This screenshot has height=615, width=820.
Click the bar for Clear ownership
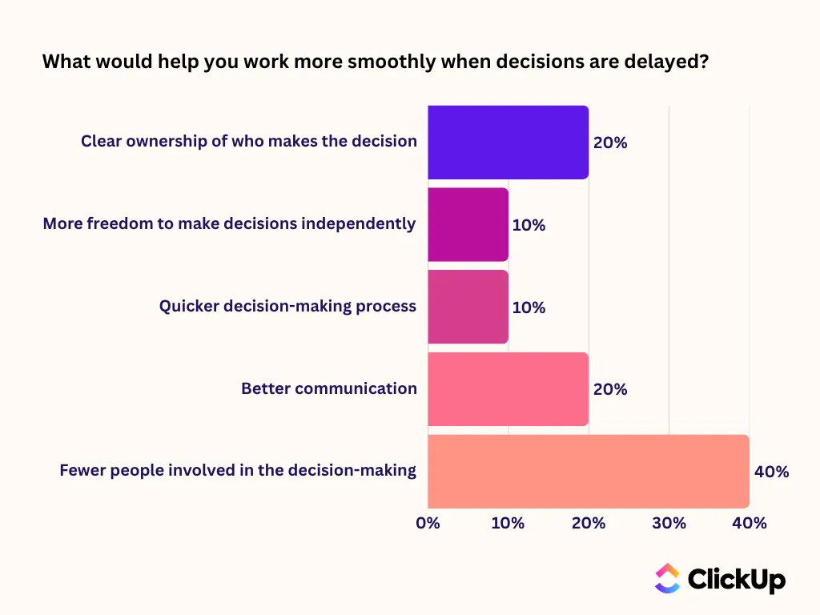[x=508, y=143]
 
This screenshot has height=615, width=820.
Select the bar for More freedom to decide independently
[x=468, y=224]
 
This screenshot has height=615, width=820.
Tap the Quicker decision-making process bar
[x=468, y=307]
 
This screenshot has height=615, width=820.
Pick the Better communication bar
[x=508, y=389]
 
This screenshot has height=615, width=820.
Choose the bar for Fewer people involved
[x=589, y=471]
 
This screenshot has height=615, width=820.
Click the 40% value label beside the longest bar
[x=771, y=472]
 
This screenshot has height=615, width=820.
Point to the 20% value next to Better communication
[x=610, y=389]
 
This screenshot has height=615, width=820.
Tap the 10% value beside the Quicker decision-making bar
[x=529, y=307]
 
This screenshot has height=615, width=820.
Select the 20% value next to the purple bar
[x=610, y=143]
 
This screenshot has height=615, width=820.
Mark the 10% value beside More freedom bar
[x=529, y=225]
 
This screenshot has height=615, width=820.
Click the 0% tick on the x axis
[x=428, y=523]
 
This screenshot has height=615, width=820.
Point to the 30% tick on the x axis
[x=669, y=523]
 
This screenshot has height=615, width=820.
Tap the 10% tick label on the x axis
[x=508, y=523]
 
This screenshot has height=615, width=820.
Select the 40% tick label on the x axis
[x=750, y=523]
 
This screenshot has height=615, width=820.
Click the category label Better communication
[x=329, y=388]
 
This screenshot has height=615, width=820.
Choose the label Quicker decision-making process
[x=287, y=306]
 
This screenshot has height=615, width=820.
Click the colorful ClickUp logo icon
[x=668, y=578]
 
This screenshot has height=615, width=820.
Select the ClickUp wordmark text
[x=737, y=580]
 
